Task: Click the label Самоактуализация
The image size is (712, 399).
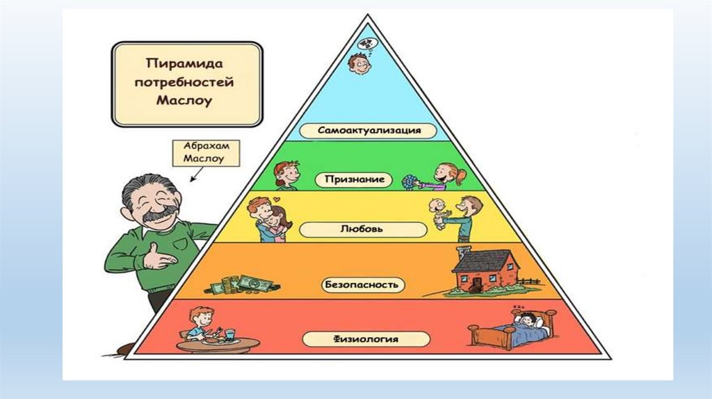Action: tap(369, 131)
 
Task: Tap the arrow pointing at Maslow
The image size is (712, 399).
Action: tap(195, 176)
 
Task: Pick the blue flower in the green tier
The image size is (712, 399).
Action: tap(408, 182)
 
